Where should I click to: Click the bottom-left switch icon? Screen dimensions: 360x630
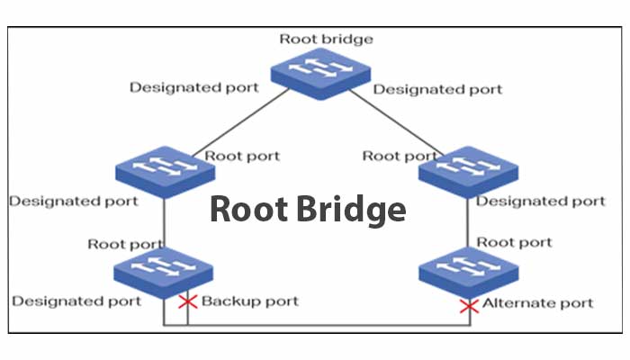(x=164, y=269)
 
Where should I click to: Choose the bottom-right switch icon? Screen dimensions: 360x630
(x=468, y=269)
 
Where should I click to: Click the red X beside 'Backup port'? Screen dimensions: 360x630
(x=188, y=301)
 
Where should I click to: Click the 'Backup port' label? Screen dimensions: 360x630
(x=249, y=301)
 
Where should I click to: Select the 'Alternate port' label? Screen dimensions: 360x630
(x=538, y=303)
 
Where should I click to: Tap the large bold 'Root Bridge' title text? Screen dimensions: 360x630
(x=308, y=209)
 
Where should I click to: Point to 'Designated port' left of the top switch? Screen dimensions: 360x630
(x=193, y=88)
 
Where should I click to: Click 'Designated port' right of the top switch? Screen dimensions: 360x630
(x=437, y=89)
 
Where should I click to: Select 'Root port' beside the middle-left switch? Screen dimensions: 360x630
(x=242, y=156)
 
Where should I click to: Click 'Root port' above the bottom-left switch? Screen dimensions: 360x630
(x=126, y=244)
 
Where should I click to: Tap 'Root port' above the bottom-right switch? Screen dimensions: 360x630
(x=514, y=242)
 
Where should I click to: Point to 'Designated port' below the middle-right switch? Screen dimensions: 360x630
(x=540, y=201)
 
